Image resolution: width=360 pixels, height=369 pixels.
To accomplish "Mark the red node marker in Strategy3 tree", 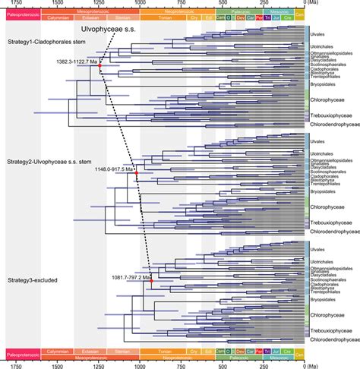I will point(152,282).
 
